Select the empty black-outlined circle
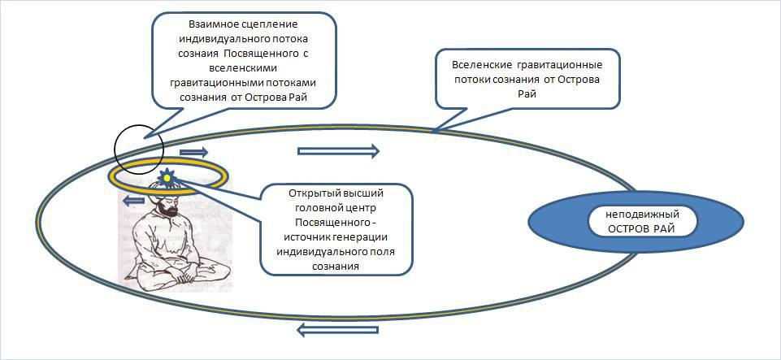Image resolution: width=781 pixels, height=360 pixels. click(x=139, y=149)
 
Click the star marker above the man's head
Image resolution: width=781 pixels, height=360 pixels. click(x=167, y=176)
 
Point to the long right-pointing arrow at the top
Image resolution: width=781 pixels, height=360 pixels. click(x=338, y=150)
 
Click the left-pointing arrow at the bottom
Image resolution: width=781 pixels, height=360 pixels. click(x=337, y=329)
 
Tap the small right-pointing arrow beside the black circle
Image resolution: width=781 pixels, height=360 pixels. click(x=193, y=152)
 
